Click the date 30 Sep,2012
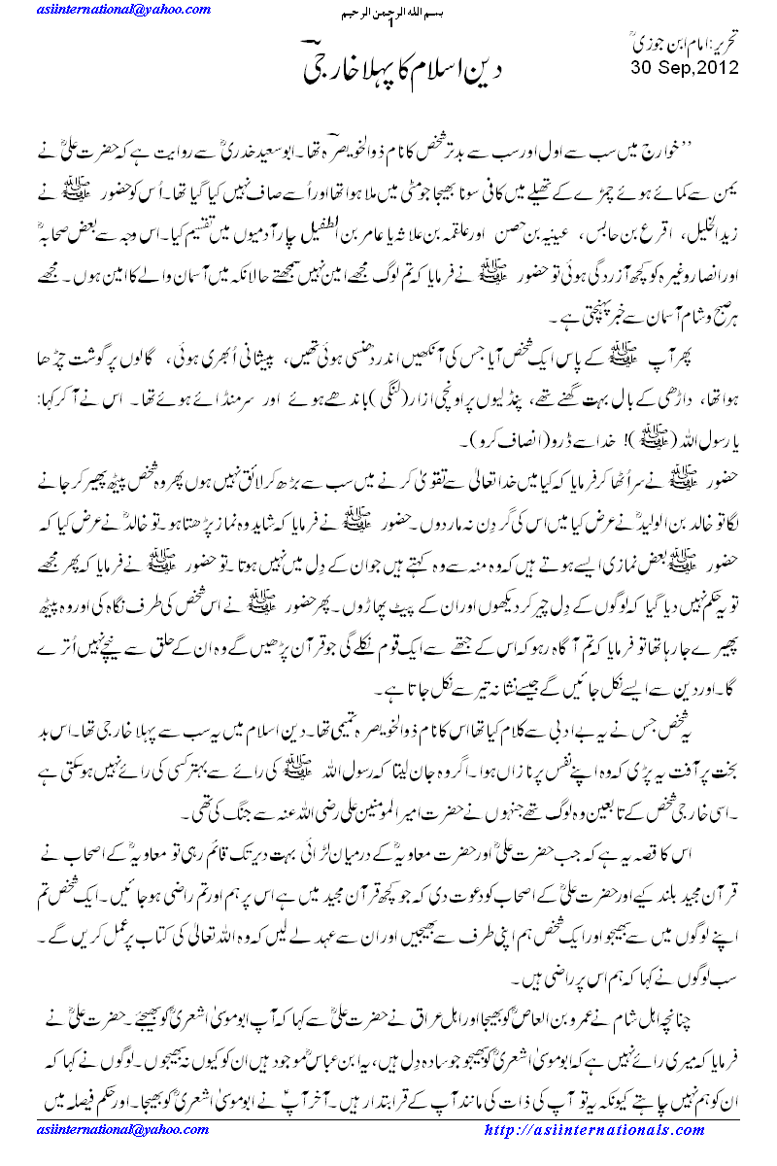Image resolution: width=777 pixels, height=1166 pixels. [684, 68]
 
